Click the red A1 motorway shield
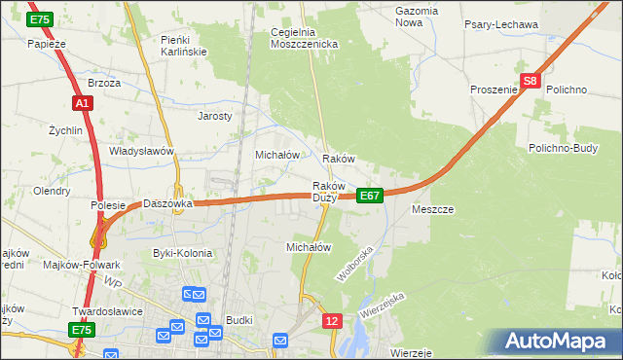pos(81,103)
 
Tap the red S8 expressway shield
pos(530,83)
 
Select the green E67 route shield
pos(369,196)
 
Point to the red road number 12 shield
pos(333,320)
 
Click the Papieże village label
pos(46,44)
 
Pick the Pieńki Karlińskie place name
pos(181,45)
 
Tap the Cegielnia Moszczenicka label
pos(304,38)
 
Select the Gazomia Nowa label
pos(417,16)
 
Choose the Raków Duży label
pos(326,192)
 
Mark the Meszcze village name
pos(433,209)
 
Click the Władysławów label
pos(141,152)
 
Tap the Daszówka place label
pos(168,204)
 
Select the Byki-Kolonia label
pos(182,253)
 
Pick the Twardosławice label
pos(107,311)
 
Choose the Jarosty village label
pos(214,116)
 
